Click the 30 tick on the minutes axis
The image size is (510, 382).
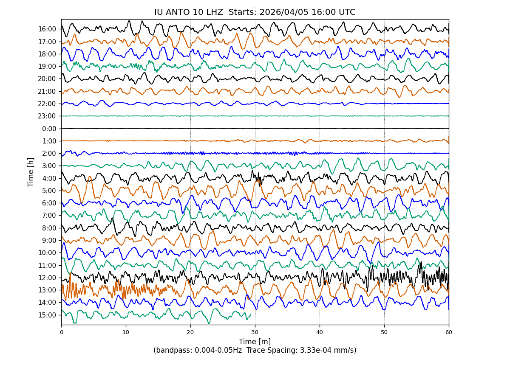255,332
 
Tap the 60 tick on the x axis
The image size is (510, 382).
449,332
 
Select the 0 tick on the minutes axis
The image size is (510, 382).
61,332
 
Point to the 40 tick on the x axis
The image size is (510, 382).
320,332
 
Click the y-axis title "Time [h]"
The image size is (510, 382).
31,172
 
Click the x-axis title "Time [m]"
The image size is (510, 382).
255,342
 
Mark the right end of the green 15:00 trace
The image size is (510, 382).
251,314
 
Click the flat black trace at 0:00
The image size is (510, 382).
255,128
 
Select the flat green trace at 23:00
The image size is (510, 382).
255,116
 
